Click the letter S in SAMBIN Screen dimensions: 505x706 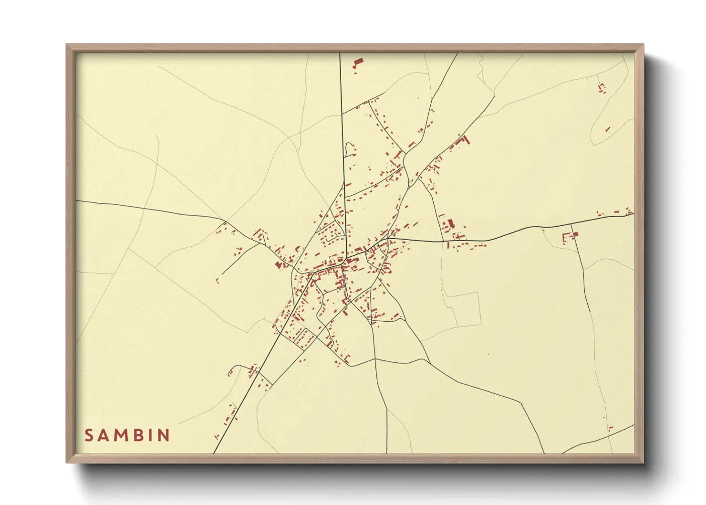point(89,435)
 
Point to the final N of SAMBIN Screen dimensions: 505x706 point(165,435)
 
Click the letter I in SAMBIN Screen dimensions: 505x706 point(152,435)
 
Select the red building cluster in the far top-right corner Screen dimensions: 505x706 point(602,88)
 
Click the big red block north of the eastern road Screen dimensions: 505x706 point(449,223)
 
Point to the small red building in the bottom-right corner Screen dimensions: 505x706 point(611,428)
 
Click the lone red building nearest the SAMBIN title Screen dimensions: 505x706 point(216,436)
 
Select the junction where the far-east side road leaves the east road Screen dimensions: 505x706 point(571,224)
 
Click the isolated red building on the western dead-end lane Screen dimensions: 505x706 point(217,281)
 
